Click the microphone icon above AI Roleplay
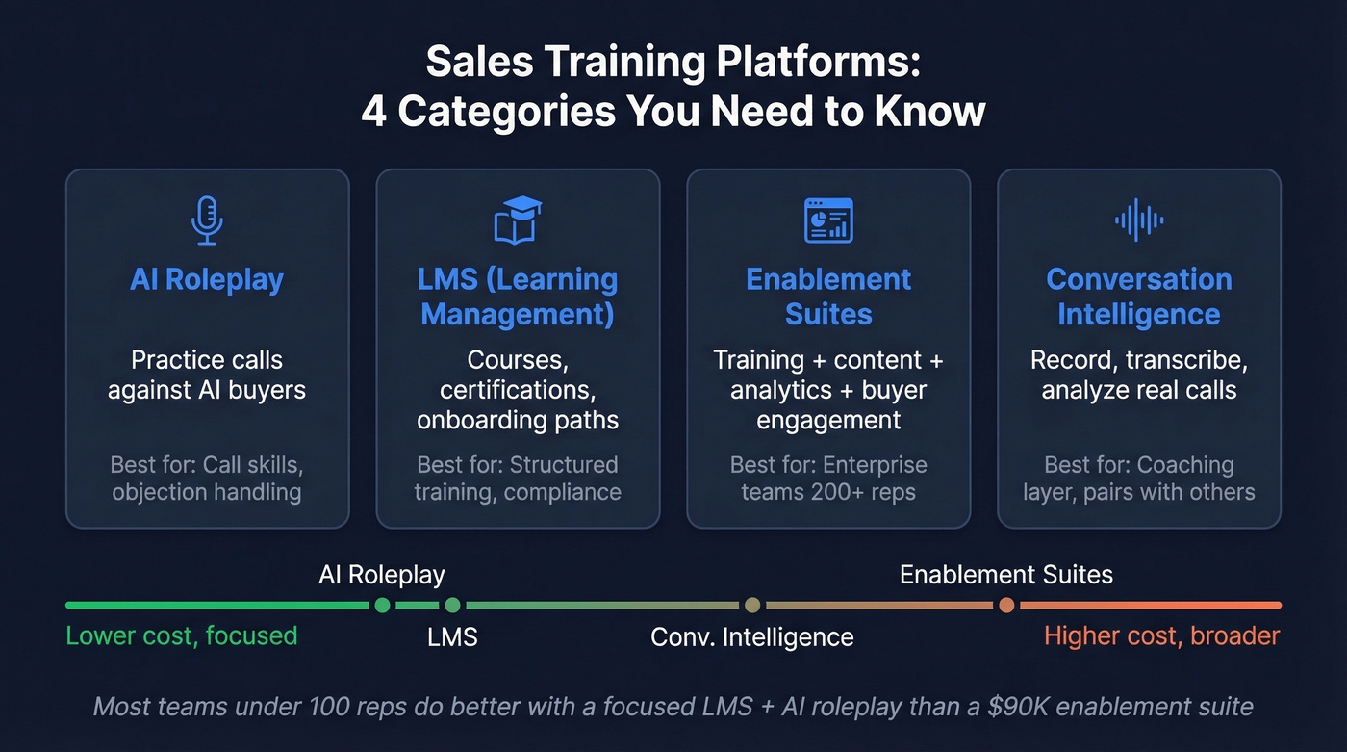207,220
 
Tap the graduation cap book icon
518,220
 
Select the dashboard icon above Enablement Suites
828,220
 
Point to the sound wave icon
1139,220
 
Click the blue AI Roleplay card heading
207,279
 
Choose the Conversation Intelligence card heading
1139,297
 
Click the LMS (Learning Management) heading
518,297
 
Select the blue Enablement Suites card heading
828,297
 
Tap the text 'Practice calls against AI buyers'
207,375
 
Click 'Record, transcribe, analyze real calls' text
1139,375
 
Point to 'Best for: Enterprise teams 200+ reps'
828,479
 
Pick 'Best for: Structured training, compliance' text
518,479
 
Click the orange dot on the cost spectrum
1005,605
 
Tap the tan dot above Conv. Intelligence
752,605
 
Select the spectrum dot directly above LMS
452,605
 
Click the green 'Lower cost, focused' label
182,635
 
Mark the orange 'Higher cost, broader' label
1161,635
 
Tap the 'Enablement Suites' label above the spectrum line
1005,575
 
